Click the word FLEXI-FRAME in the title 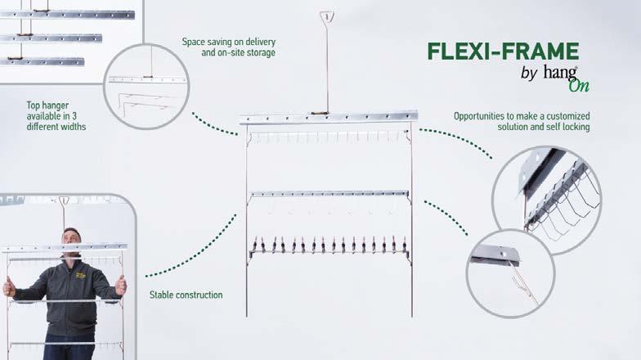click(502, 51)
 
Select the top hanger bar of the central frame click(328, 117)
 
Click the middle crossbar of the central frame click(329, 193)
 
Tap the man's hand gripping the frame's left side click(9, 287)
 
